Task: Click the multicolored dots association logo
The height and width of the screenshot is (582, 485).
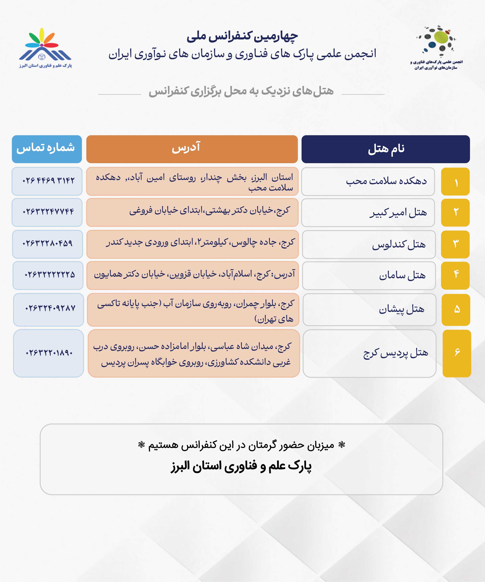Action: coord(436,47)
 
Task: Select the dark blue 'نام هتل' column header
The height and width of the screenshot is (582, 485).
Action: coord(385,149)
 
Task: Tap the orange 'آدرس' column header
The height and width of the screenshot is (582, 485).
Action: coord(192,149)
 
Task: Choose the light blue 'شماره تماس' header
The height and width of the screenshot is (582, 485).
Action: coord(47,149)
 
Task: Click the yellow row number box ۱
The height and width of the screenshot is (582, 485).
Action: coord(455,181)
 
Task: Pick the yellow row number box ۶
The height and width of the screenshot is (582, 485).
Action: coord(457,353)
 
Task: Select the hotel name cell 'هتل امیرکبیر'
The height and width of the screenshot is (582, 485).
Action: coord(368,213)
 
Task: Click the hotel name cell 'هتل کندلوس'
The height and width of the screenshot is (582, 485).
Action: coord(369,244)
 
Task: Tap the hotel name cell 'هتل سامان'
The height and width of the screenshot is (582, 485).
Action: coord(369,275)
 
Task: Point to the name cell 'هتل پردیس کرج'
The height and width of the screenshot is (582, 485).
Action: coord(369,353)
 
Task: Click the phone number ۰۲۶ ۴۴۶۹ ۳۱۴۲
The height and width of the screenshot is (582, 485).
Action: coord(47,181)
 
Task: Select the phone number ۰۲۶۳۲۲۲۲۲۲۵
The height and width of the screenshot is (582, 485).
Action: coord(48,275)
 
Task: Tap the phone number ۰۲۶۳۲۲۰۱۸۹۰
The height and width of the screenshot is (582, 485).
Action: coord(48,353)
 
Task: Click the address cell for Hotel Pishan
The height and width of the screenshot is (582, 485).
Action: coord(193,310)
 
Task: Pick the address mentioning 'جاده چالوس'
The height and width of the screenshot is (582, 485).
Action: coord(192,244)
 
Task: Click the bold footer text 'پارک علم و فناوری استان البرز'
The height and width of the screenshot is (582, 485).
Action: coord(241,466)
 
